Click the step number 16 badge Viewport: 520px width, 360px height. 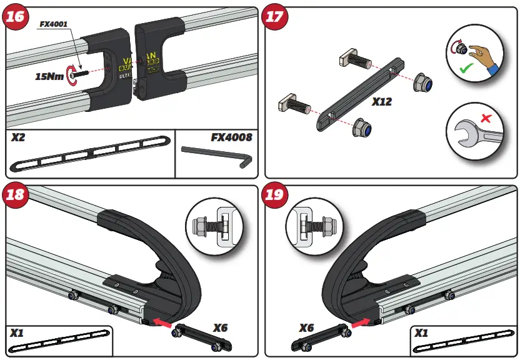click(x=17, y=17)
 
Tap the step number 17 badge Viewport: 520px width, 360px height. click(x=276, y=17)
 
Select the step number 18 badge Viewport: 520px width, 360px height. click(x=17, y=195)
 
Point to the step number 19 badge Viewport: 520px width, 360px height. click(x=276, y=195)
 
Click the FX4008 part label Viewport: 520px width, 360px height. click(x=230, y=137)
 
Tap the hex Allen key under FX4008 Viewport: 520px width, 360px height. click(x=216, y=156)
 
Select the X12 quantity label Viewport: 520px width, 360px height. click(x=382, y=101)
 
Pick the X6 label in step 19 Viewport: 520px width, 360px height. click(x=306, y=328)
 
